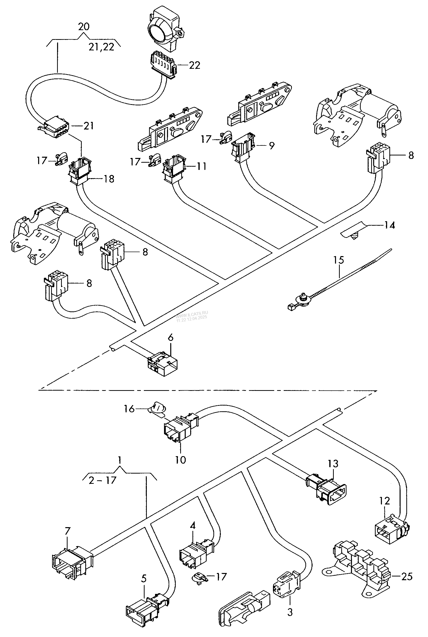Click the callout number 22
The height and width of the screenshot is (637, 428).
point(195,66)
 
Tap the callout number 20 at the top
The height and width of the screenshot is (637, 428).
point(84,26)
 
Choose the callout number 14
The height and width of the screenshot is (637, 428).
point(390,225)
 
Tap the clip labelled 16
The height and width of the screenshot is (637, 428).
point(157,408)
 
